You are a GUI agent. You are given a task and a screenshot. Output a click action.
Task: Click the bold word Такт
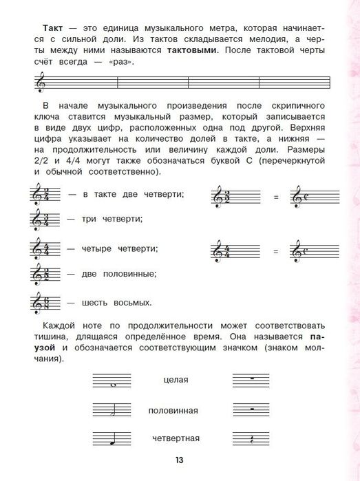tap(34, 28)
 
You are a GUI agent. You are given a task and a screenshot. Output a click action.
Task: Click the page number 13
tap(180, 460)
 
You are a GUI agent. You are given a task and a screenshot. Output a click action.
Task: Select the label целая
tap(176, 379)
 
